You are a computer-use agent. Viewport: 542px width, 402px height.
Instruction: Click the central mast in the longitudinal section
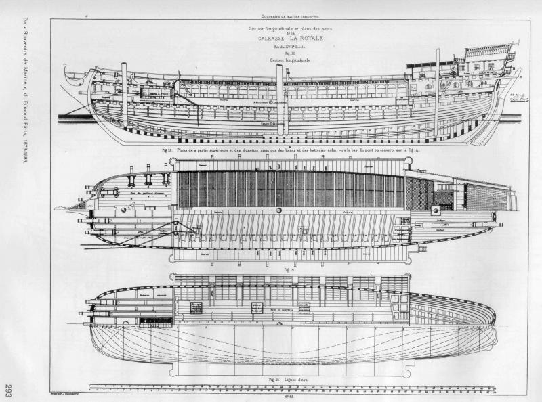[x=278, y=98]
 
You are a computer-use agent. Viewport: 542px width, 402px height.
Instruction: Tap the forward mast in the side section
[x=124, y=95]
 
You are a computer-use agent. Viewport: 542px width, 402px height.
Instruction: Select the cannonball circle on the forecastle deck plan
[x=124, y=210]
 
